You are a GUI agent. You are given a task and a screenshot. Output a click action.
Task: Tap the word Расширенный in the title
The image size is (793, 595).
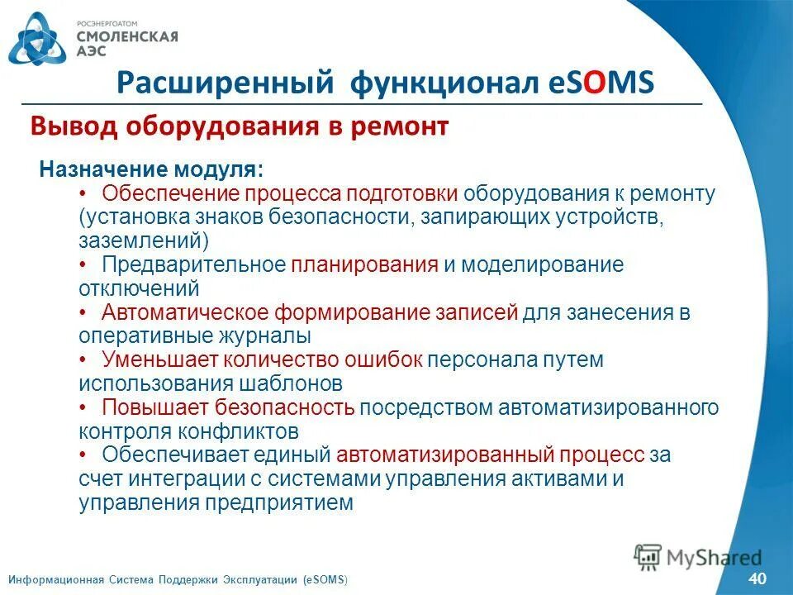(x=225, y=83)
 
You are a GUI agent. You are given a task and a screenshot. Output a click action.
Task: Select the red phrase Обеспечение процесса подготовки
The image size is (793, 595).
(x=280, y=193)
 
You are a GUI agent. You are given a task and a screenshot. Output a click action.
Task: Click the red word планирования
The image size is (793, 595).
(x=364, y=264)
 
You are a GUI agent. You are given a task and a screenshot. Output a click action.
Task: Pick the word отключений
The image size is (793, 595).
(x=140, y=288)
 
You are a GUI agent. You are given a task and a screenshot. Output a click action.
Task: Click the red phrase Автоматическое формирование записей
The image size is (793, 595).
(x=310, y=312)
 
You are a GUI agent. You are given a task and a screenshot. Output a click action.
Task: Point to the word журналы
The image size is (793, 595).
(x=264, y=336)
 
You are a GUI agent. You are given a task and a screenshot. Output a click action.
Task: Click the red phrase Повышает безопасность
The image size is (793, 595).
(x=229, y=407)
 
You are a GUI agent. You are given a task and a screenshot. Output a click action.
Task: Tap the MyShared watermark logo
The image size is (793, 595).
(x=698, y=556)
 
